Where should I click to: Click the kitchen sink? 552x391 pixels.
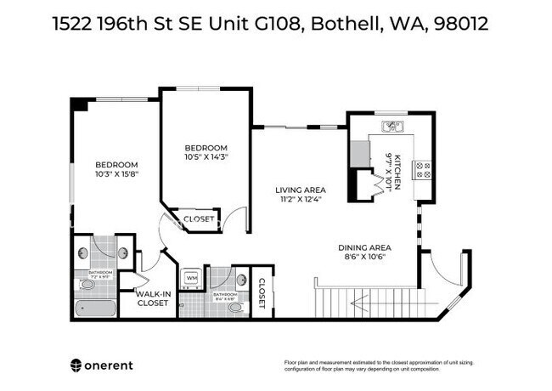click(392, 127)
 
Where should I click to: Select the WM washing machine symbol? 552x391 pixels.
click(191, 278)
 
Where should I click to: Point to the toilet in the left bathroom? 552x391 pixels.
click(83, 252)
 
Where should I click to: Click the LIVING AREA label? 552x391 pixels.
click(300, 190)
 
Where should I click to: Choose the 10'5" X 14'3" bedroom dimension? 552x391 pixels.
click(206, 156)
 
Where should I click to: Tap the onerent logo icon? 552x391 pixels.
click(76, 365)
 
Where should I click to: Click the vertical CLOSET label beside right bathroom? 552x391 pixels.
click(262, 293)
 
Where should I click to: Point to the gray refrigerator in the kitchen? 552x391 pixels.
click(360, 153)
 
